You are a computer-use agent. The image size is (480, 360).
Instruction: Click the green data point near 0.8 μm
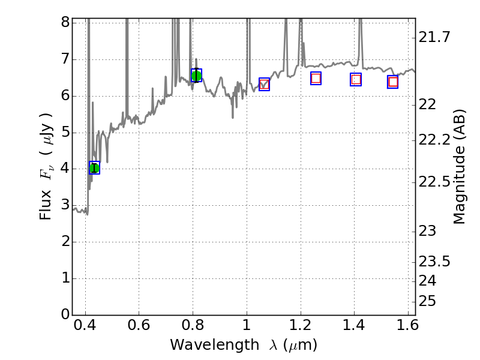(196, 75)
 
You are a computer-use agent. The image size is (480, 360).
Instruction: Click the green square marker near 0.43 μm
(94, 168)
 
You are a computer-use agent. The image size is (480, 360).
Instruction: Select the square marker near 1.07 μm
(264, 84)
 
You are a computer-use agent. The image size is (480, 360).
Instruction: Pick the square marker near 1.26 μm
(316, 78)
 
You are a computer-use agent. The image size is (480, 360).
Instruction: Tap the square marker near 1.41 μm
(356, 79)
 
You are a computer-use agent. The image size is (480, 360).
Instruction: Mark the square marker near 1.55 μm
(393, 82)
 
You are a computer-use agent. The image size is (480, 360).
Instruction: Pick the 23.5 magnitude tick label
(434, 262)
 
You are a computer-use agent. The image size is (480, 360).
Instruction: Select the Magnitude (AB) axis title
(460, 166)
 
